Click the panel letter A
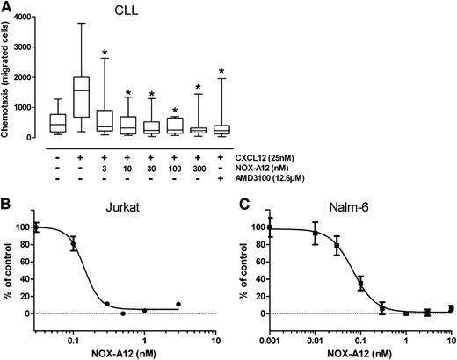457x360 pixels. pyautogui.click(x=7, y=8)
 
